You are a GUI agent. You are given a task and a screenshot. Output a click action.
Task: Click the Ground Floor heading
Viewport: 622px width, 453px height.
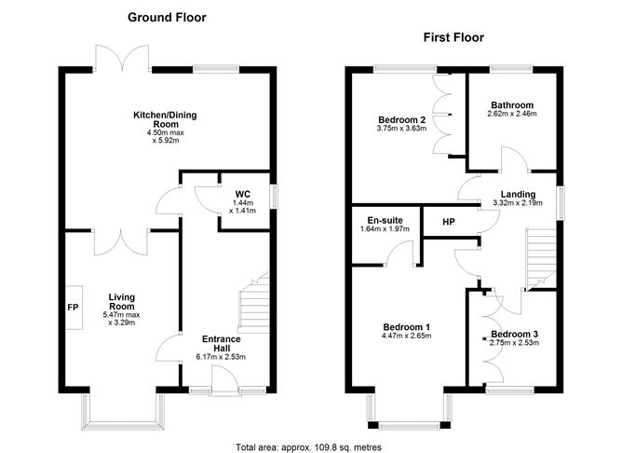click(167, 17)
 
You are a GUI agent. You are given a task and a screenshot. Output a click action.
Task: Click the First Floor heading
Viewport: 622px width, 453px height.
click(454, 37)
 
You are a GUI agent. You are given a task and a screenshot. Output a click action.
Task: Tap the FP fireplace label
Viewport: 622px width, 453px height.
click(72, 307)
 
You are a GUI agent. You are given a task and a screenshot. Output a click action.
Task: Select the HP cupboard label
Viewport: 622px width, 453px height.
click(448, 222)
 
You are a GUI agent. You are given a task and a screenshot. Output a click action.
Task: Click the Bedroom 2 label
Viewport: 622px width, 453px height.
click(401, 119)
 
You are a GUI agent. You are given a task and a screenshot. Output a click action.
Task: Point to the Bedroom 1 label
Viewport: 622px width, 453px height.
click(406, 326)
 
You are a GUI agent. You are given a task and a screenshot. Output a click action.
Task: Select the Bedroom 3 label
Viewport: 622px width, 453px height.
click(515, 333)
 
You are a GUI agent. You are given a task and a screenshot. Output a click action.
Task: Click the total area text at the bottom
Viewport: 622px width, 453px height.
click(308, 446)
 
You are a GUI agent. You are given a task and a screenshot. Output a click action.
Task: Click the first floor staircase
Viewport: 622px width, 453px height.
click(539, 257)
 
